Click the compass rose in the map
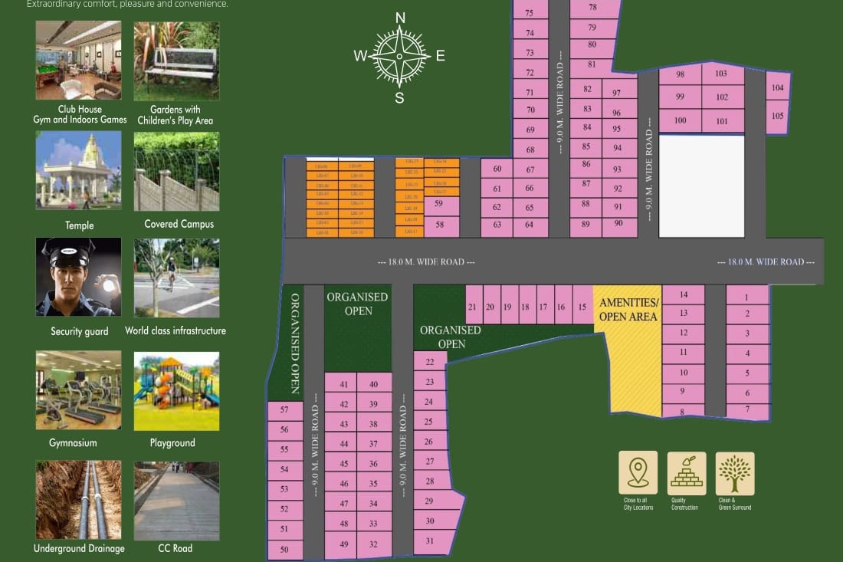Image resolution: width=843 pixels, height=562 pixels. tap(399, 56)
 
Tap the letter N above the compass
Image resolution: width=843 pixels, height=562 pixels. tap(400, 18)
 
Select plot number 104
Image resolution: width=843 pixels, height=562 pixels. tap(778, 87)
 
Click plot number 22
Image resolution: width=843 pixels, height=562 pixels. tap(430, 362)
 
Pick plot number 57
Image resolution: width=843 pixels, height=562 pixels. tap(284, 410)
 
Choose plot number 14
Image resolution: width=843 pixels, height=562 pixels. tap(683, 294)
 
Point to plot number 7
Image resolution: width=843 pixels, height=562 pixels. tap(747, 410)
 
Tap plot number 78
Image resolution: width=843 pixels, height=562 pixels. tap(593, 8)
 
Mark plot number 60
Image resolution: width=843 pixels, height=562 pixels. tap(497, 169)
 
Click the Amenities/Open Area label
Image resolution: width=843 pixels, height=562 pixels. tap(628, 310)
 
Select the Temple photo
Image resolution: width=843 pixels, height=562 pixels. tap(78, 170)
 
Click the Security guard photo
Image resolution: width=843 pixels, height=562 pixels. tap(78, 277)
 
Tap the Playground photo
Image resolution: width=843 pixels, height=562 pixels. tap(176, 390)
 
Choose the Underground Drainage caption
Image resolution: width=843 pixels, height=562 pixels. tap(79, 548)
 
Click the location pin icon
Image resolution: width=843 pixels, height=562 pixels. tap(638, 472)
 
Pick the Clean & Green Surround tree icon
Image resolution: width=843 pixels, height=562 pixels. tap(734, 472)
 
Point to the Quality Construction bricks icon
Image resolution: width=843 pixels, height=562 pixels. tap(686, 472)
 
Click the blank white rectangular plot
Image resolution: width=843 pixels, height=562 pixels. tap(701, 186)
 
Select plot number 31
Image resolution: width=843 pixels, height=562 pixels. tap(430, 541)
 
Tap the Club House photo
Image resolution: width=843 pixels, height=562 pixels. tap(78, 61)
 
